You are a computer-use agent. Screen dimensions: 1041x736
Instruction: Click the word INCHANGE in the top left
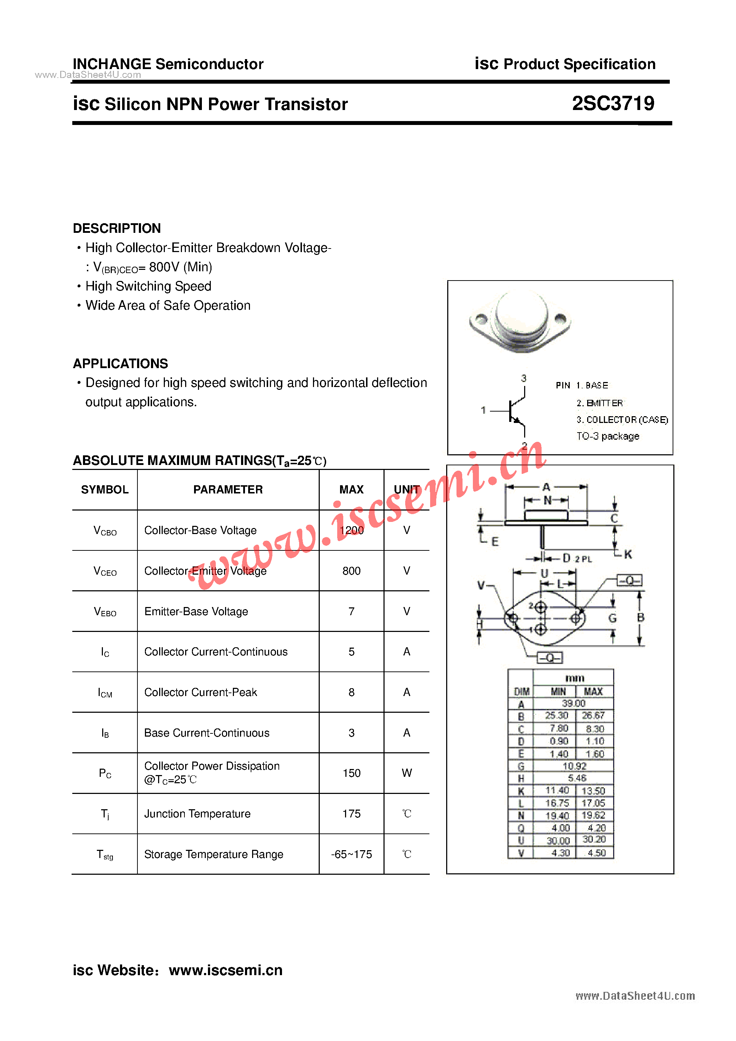(111, 64)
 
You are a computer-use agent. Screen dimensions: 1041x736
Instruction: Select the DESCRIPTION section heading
(117, 228)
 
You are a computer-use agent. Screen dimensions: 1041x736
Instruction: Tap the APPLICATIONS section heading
(121, 363)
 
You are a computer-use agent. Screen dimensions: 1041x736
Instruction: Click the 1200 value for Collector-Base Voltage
(351, 530)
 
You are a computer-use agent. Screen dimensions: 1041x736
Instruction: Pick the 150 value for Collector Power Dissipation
(351, 773)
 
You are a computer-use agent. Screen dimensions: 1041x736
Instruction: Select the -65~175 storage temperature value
(351, 854)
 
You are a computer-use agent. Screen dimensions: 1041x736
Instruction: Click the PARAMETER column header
(228, 490)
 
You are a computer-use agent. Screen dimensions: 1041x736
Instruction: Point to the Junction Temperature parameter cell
(197, 814)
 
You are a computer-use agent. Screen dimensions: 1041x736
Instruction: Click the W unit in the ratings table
(407, 773)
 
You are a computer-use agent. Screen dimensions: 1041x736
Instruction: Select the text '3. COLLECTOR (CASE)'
(622, 420)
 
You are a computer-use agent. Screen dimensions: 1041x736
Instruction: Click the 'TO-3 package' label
(608, 436)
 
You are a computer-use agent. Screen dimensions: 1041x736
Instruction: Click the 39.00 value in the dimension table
(574, 703)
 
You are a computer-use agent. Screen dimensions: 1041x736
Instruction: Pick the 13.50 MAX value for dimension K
(593, 791)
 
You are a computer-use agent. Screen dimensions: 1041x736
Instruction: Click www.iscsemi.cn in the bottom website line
(226, 970)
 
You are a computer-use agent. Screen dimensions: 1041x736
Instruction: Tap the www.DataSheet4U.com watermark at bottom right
(635, 996)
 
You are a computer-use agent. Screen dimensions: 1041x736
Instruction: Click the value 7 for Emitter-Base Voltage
(351, 611)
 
